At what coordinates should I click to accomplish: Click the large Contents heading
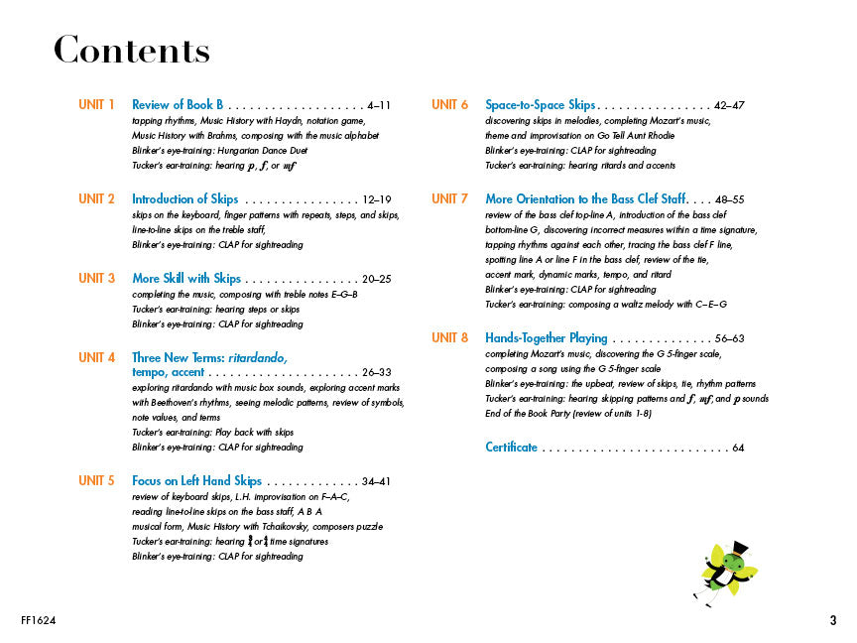tap(131, 50)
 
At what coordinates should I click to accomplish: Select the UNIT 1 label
tap(97, 104)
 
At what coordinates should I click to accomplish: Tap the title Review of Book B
tap(179, 104)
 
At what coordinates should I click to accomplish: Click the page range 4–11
tap(378, 105)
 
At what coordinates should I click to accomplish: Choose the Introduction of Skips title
tap(184, 198)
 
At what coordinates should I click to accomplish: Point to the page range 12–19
tap(378, 199)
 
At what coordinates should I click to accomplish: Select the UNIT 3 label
tap(97, 278)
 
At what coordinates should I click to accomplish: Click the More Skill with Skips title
tap(186, 278)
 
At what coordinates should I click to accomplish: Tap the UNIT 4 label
tap(97, 357)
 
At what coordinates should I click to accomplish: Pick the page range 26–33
tap(378, 373)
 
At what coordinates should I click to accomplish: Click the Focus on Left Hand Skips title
tap(196, 481)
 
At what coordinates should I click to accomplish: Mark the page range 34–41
tap(378, 482)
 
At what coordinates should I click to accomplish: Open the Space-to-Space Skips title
tap(540, 104)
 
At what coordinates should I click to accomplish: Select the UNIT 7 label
tap(450, 198)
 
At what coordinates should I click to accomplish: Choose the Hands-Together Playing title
tap(547, 338)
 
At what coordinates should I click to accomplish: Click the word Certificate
tap(511, 448)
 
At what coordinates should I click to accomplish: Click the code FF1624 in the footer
tap(38, 622)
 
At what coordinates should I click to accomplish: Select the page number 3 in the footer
tap(833, 622)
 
